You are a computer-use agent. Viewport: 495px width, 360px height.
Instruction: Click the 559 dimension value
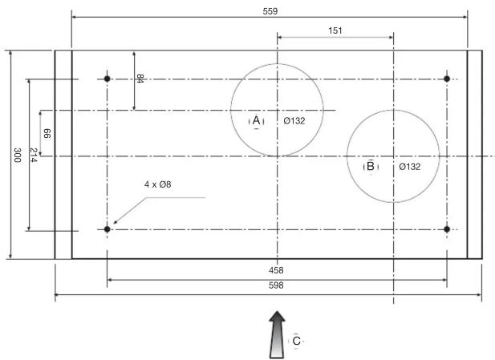point(270,11)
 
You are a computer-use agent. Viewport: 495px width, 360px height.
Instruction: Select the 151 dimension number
point(335,30)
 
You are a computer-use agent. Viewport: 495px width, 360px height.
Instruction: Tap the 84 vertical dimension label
point(140,79)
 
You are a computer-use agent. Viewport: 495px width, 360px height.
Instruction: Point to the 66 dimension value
point(47,133)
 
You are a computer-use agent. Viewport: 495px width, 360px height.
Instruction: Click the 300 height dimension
point(18,155)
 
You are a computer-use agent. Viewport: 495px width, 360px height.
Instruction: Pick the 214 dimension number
point(34,155)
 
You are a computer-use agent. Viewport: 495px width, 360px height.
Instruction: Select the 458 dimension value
point(276,270)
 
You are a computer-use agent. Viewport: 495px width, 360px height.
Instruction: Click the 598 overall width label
point(276,285)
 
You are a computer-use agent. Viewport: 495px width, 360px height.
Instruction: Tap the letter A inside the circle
point(257,120)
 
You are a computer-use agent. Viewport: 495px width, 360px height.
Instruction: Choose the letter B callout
point(371,166)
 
